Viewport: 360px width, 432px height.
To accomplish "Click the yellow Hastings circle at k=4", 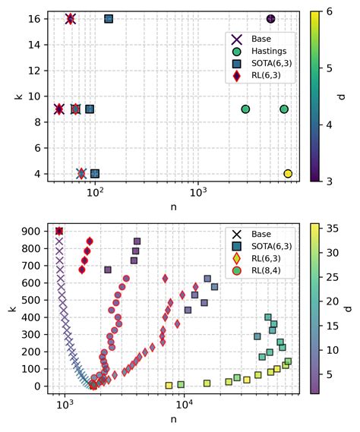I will click(288, 174).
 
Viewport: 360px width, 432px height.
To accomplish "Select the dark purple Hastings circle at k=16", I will click(271, 18).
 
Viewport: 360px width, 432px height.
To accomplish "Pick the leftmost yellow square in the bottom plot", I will click(169, 385).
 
